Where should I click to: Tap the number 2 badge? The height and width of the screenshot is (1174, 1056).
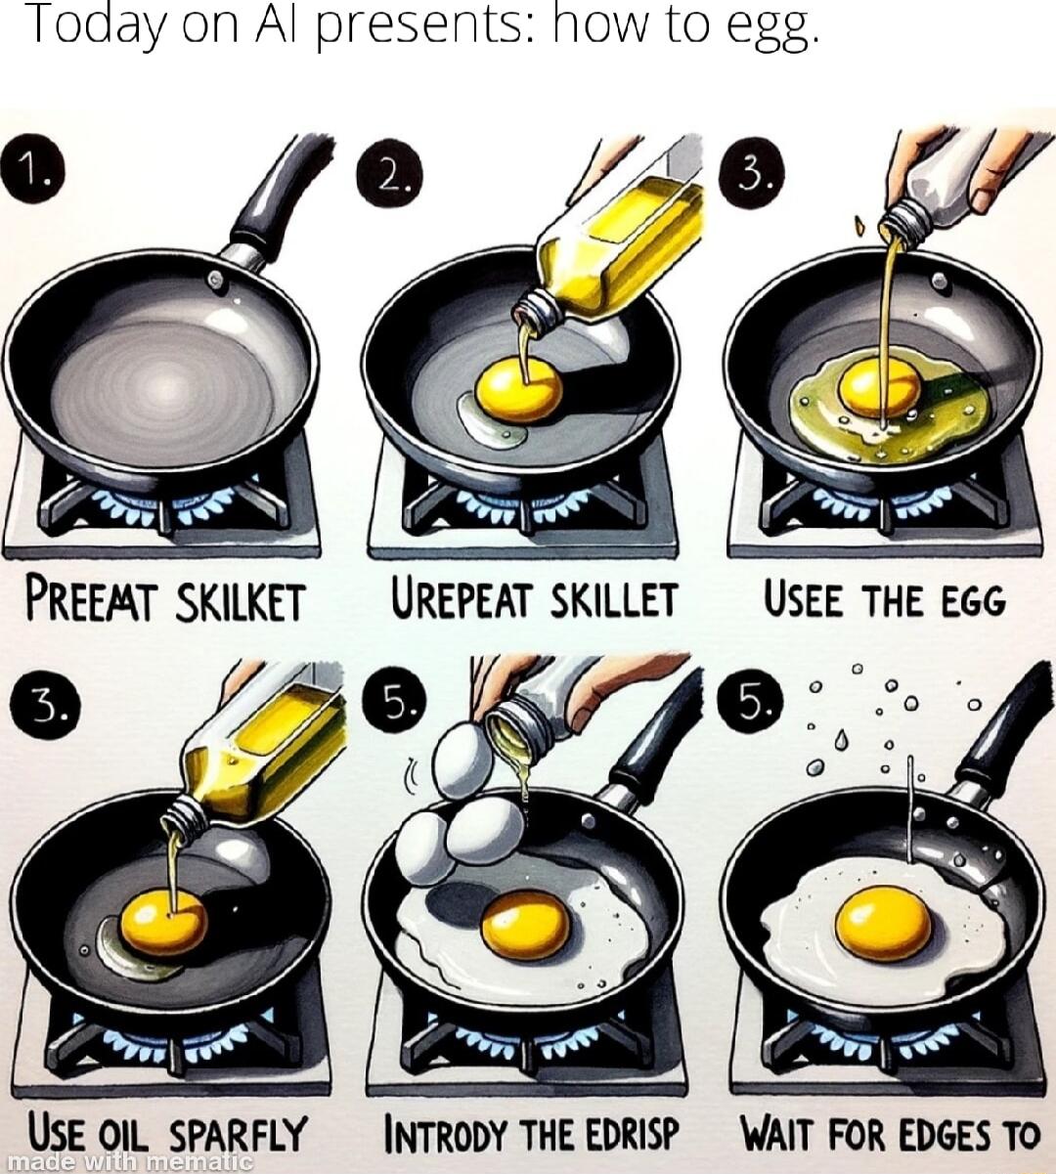pyautogui.click(x=389, y=176)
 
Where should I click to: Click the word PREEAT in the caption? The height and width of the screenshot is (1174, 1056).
pyautogui.click(x=89, y=600)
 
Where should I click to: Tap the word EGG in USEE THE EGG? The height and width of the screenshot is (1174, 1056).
pyautogui.click(x=973, y=600)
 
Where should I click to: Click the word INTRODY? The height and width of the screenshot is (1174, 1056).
pyautogui.click(x=445, y=1135)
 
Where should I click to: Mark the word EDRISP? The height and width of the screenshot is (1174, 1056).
pyautogui.click(x=633, y=1135)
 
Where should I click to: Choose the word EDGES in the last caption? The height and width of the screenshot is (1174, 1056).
pyautogui.click(x=930, y=1135)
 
